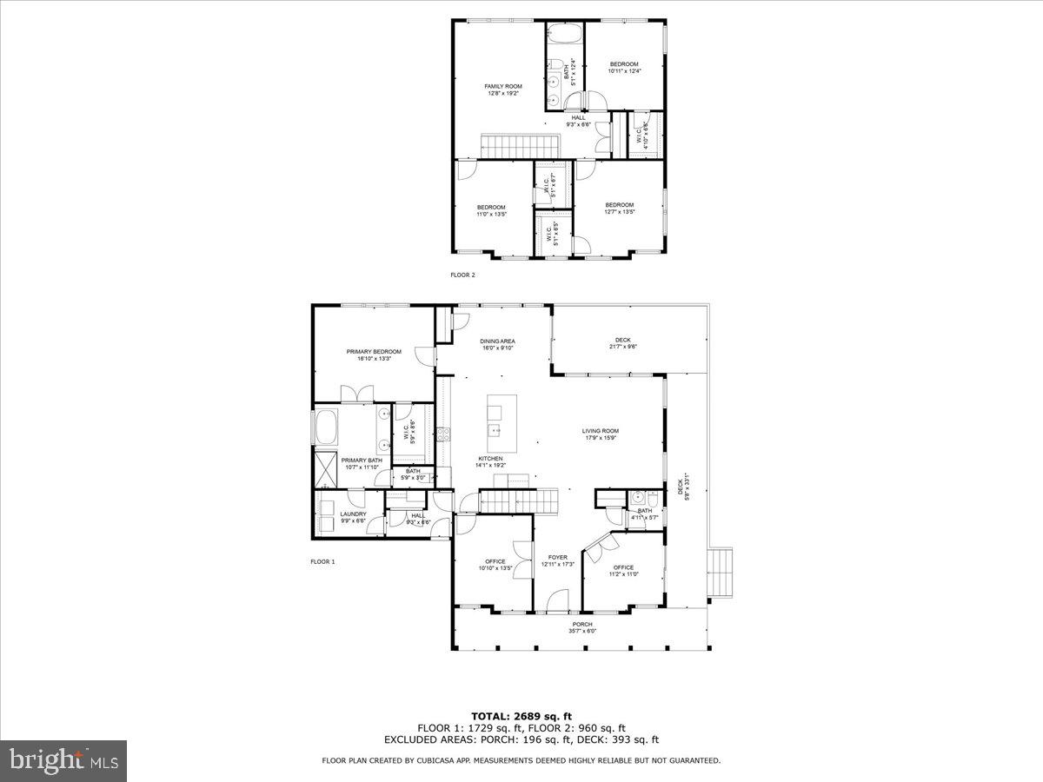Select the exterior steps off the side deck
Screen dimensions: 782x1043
[721, 573]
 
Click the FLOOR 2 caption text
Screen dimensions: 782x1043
[462, 275]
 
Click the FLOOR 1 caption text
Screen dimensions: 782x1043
[322, 561]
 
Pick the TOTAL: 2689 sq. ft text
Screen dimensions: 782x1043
[521, 715]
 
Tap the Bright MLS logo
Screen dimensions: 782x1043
[63, 760]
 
